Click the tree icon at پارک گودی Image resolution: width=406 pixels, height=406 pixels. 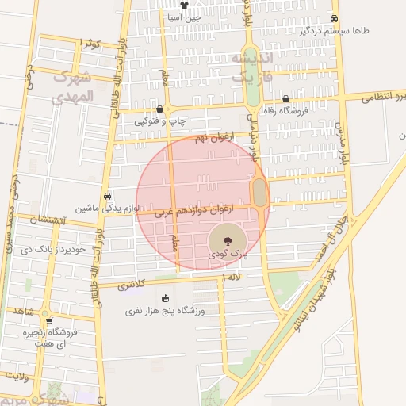[x=227, y=239]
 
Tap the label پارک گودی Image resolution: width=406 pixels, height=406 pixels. [x=228, y=255]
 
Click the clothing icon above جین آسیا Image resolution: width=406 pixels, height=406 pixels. [x=184, y=6]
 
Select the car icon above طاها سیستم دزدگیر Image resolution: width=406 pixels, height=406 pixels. [x=334, y=19]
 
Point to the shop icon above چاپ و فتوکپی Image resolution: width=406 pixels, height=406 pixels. [x=160, y=110]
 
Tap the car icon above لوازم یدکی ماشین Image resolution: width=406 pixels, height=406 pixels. [x=107, y=196]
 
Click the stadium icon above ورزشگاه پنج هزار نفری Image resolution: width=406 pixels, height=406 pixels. [x=165, y=299]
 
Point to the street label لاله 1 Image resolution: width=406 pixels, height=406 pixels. [x=232, y=275]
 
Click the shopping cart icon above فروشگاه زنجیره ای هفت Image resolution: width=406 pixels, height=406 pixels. [x=49, y=321]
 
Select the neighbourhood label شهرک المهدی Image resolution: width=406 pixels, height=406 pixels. [x=71, y=87]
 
